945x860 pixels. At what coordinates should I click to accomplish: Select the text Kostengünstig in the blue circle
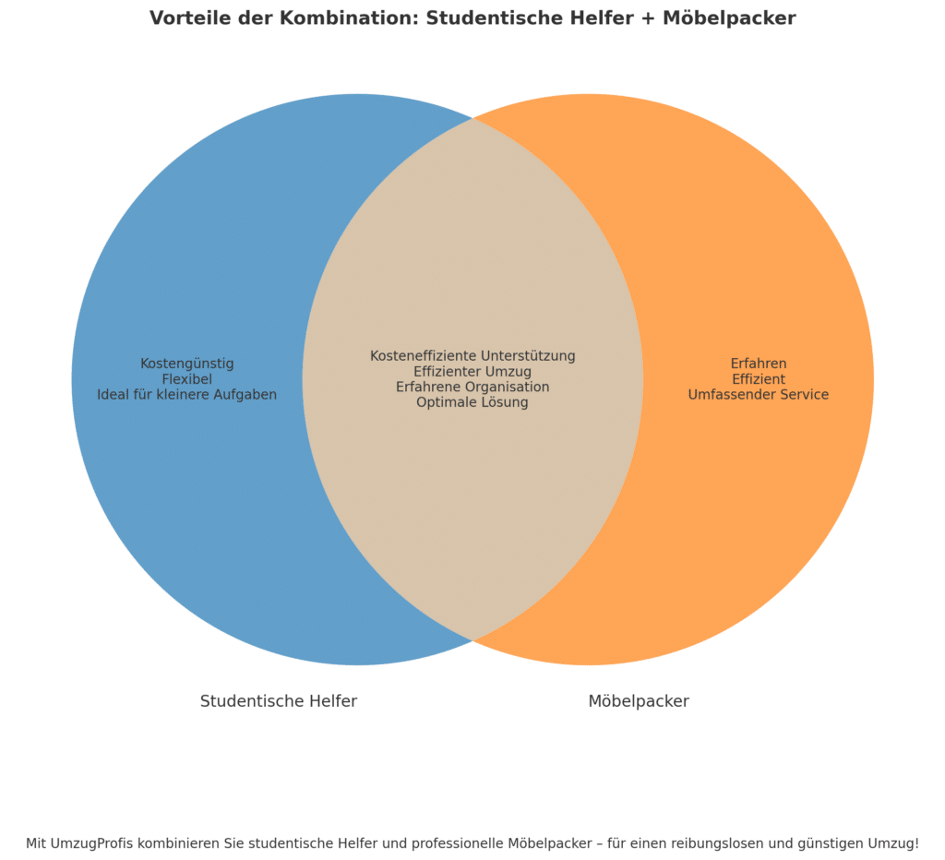[x=187, y=364]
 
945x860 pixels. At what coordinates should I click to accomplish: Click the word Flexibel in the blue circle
[x=187, y=379]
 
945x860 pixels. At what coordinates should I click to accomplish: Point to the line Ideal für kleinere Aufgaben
[x=187, y=395]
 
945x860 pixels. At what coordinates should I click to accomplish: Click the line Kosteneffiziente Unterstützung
[x=472, y=356]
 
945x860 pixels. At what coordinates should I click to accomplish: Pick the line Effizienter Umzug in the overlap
[x=472, y=372]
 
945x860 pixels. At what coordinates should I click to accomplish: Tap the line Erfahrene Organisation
[x=472, y=387]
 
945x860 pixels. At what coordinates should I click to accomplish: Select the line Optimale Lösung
[x=472, y=402]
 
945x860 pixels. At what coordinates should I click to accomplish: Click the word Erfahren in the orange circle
[x=759, y=364]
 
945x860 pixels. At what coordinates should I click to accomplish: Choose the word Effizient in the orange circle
[x=759, y=379]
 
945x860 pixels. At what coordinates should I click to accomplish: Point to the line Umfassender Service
[x=759, y=395]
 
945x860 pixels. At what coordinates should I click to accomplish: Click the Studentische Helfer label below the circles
[x=279, y=701]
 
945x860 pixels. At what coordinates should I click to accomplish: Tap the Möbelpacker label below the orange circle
[x=639, y=701]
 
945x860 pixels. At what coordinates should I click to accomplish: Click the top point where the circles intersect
[x=472, y=119]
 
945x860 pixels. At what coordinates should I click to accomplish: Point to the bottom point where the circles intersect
[x=472, y=639]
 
